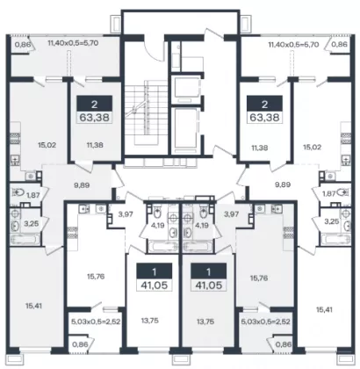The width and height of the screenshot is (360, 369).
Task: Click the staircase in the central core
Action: click(145, 115)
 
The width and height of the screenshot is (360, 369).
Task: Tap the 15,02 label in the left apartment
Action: click(47, 145)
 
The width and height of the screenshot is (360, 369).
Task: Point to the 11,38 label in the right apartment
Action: click(260, 148)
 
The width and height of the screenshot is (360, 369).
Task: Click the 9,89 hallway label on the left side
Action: click(82, 185)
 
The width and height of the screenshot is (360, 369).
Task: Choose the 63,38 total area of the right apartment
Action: click(264, 118)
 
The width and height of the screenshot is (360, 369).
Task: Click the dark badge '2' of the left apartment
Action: click(94, 104)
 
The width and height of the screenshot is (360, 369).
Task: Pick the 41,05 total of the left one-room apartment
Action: click(155, 285)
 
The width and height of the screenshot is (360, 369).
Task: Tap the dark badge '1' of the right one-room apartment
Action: click(208, 272)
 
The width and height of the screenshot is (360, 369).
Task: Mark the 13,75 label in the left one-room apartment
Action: click(150, 321)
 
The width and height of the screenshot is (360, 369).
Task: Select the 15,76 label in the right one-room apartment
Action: click(259, 278)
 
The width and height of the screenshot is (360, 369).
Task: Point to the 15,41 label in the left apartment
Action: click(33, 306)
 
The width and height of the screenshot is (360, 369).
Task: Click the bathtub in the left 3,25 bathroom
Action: click(24, 239)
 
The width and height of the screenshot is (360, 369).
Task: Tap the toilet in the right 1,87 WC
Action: click(343, 192)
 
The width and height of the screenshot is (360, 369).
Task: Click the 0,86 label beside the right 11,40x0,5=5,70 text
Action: click(340, 45)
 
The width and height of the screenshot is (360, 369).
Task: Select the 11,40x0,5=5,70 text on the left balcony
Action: click(73, 43)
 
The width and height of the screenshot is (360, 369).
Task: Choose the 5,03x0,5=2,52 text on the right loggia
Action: click(265, 322)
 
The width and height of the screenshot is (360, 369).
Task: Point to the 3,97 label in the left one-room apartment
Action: click(126, 214)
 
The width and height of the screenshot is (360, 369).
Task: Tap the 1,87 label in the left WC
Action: click(33, 195)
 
